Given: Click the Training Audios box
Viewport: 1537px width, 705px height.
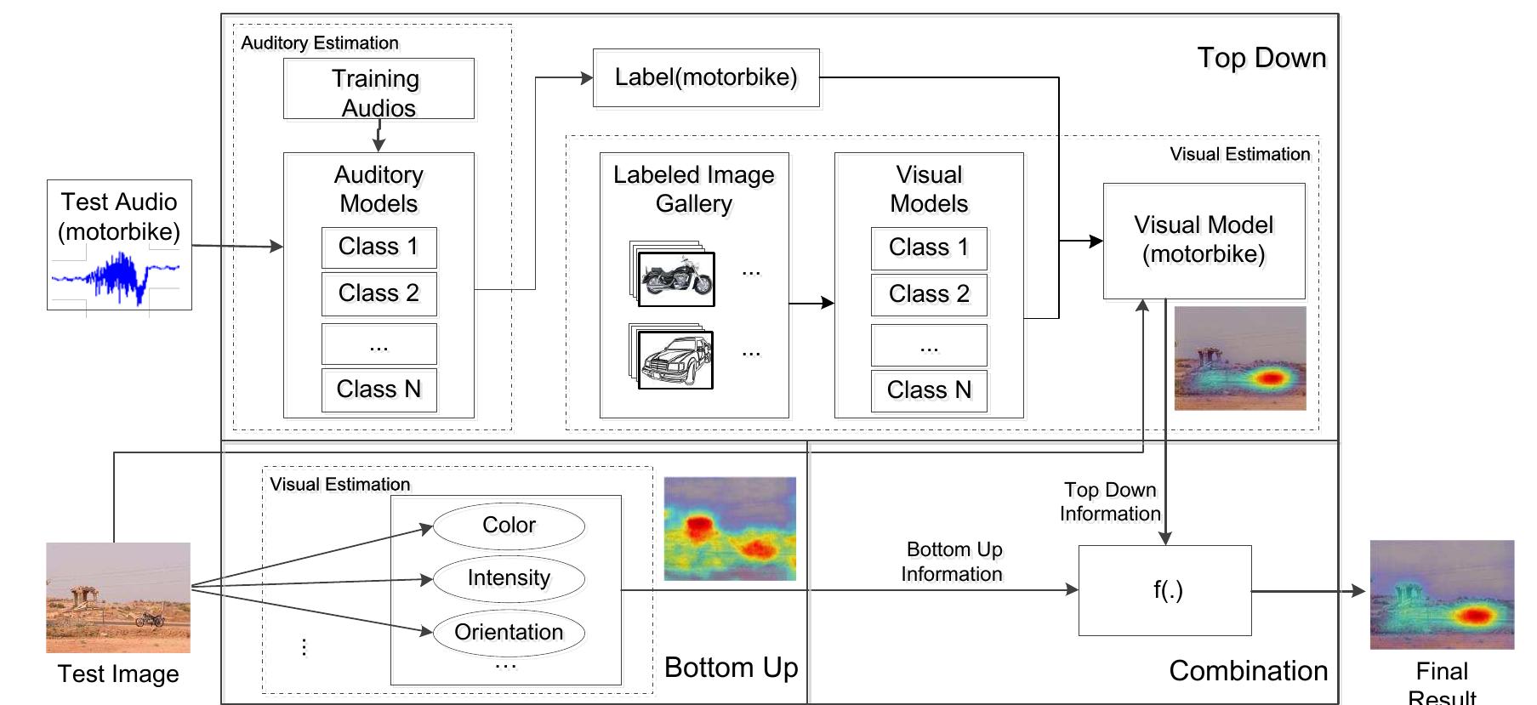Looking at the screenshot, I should click(379, 89).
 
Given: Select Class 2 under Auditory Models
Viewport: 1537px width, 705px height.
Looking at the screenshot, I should click(379, 293).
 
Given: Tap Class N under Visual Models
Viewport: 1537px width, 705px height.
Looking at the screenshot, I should click(929, 390).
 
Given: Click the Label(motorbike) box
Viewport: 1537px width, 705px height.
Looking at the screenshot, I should click(706, 78).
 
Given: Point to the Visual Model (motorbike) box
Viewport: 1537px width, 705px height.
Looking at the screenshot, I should click(1204, 241).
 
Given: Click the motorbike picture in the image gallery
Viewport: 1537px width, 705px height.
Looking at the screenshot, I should click(677, 279).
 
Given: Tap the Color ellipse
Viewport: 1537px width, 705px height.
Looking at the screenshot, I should click(509, 526).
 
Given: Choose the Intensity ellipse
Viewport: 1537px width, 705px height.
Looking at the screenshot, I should click(509, 578).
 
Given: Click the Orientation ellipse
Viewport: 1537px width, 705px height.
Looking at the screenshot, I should click(509, 632).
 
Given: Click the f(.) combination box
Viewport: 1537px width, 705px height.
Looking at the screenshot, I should click(1164, 590).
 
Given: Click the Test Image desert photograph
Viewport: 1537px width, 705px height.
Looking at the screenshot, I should click(118, 597).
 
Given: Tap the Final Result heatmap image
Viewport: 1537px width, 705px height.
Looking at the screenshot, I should click(1442, 594).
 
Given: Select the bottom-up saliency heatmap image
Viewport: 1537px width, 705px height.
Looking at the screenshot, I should click(730, 529).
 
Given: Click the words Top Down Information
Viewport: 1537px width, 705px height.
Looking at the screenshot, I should click(1109, 502).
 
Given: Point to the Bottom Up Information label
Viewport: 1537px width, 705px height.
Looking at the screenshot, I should click(953, 562).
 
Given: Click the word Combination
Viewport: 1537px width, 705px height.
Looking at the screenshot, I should click(1248, 671).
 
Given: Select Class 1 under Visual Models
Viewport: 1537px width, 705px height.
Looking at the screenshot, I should click(929, 247).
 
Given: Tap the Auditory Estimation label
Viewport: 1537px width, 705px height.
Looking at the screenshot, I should click(320, 43).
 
